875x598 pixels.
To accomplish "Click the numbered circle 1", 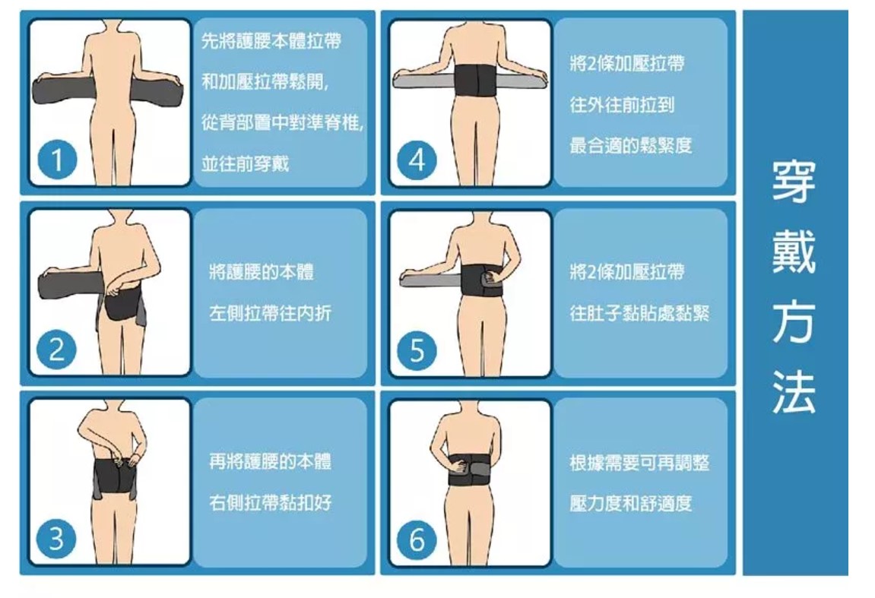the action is pos(57,160).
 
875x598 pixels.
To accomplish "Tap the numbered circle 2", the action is pos(55,350).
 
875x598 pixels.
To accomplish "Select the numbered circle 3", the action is pos(55,539).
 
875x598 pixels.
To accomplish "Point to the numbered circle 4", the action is pos(417,160).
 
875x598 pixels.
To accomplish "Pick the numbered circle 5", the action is pos(417,350).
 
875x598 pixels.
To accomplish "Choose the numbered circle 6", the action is pos(417,539).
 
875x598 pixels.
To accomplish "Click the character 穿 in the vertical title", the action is pos(794,182).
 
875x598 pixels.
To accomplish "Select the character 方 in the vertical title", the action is pos(794,322).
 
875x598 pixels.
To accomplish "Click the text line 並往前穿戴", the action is pos(245,163).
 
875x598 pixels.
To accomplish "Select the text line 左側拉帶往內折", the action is pos(270,313).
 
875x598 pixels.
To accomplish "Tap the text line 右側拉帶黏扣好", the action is pos(270,502).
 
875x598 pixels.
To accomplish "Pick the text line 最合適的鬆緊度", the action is pos(630,146).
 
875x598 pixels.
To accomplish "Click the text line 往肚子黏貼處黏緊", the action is pos(639,313).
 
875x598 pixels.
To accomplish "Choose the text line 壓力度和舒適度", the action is pos(630,503).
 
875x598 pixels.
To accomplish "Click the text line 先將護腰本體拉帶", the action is pos(271,40).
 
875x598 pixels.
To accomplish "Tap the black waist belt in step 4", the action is pos(474,81).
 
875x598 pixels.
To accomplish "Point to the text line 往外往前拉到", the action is pos(622,104).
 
